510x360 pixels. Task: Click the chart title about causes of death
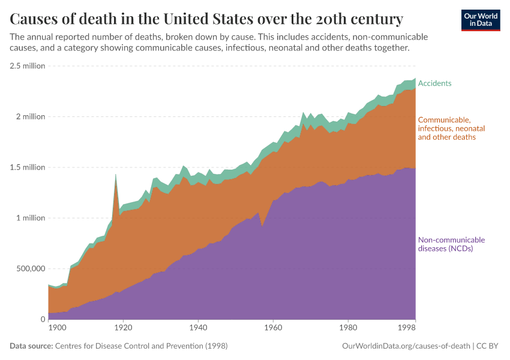click(206, 18)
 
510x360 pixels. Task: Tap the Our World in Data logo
click(480, 20)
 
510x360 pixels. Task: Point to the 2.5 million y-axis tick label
click(27, 66)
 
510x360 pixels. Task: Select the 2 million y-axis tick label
click(29, 116)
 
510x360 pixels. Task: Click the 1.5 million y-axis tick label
click(27, 167)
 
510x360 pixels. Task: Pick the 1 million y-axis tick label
click(29, 218)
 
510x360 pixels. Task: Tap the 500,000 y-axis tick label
click(29, 269)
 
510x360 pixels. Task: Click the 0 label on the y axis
click(42, 319)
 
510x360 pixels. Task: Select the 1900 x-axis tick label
click(56, 328)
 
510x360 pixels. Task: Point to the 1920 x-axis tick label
click(123, 328)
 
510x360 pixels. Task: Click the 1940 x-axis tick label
click(198, 328)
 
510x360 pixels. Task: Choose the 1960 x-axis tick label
click(273, 328)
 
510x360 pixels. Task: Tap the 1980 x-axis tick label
click(348, 328)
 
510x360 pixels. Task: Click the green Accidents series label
click(434, 83)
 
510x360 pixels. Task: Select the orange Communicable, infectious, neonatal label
click(451, 128)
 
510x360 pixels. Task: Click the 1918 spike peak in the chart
click(115, 175)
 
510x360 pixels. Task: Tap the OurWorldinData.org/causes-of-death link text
click(406, 346)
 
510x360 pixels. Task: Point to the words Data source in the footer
click(31, 346)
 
